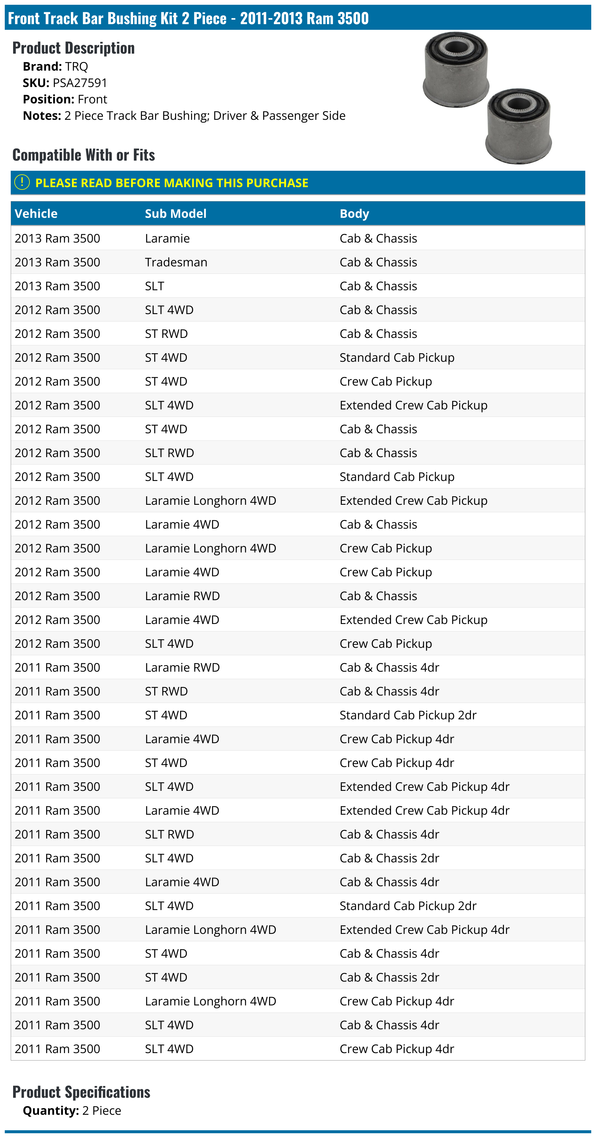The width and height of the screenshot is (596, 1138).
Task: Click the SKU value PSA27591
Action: pyautogui.click(x=80, y=83)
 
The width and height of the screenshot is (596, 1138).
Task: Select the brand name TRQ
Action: pyautogui.click(x=76, y=67)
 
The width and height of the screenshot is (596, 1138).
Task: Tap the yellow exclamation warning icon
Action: pyautogui.click(x=22, y=182)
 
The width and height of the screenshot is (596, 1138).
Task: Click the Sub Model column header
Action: pyautogui.click(x=176, y=214)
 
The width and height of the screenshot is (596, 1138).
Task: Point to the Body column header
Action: pyautogui.click(x=354, y=214)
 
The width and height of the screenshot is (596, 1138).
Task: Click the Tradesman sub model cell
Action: pyautogui.click(x=176, y=263)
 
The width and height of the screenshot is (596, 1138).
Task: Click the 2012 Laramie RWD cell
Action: pyautogui.click(x=182, y=596)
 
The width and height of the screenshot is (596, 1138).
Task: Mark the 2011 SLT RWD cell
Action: pyautogui.click(x=169, y=835)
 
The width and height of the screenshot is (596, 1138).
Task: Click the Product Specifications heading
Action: pyautogui.click(x=81, y=1092)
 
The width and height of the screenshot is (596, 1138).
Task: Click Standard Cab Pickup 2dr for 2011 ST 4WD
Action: pyautogui.click(x=408, y=715)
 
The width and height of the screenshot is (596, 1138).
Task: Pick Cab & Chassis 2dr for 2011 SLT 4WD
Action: pyautogui.click(x=389, y=858)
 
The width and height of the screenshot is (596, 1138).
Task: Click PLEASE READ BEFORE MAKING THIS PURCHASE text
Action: pyautogui.click(x=171, y=183)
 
